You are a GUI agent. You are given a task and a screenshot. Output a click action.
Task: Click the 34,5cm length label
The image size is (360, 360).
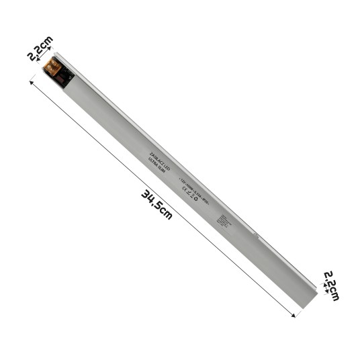156,205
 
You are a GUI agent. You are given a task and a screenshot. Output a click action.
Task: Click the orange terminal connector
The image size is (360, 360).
52,66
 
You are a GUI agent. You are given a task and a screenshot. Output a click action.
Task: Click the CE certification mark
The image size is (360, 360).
187,193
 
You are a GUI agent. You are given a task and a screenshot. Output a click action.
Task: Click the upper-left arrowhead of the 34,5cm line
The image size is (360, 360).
31,83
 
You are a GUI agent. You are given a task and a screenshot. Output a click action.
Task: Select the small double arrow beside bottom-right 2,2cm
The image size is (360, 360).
325,288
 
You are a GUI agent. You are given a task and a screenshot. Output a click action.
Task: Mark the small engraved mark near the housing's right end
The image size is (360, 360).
256,235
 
